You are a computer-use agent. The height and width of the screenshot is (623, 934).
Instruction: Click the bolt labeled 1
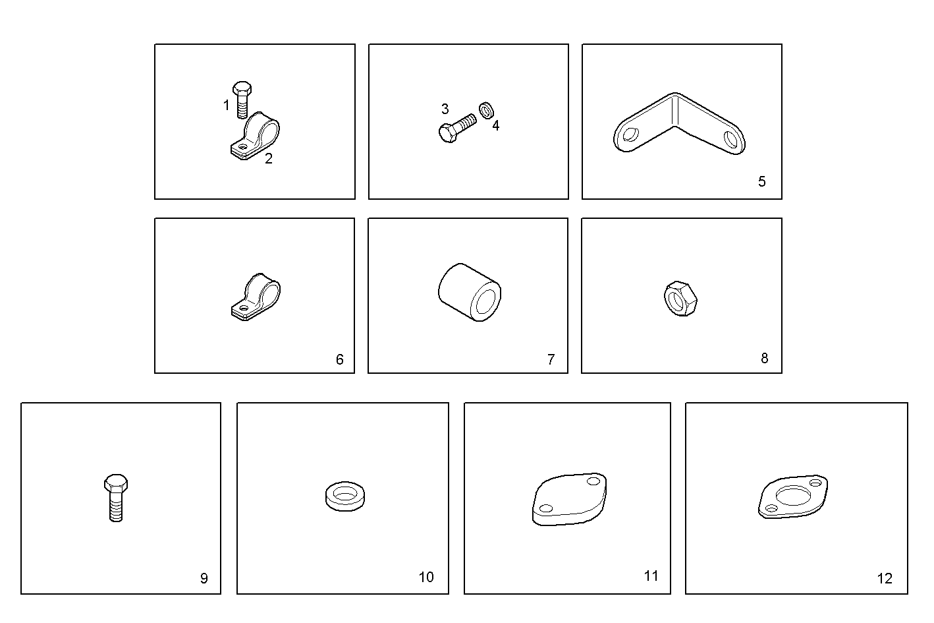coord(242,100)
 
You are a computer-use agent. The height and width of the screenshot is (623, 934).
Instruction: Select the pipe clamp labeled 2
coord(255,136)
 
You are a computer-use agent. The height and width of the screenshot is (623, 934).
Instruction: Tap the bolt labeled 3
coord(457,128)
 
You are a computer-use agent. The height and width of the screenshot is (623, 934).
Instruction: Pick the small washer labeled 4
coord(486,110)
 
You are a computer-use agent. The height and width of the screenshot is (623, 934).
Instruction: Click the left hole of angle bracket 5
coord(630,134)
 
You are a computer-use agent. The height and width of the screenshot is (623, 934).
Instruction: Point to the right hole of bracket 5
coord(731,139)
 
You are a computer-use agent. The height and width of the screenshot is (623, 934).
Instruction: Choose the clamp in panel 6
coord(256,297)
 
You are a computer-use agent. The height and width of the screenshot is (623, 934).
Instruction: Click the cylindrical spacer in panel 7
coord(470,292)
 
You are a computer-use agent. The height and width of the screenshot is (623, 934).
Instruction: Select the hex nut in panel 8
coord(680,299)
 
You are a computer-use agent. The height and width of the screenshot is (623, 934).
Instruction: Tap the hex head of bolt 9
coord(116,484)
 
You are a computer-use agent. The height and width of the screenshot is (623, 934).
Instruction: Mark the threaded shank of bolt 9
coord(116,507)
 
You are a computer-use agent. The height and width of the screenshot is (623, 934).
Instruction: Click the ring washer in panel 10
coord(345,496)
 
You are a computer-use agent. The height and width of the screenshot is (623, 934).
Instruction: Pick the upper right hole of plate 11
coord(593,481)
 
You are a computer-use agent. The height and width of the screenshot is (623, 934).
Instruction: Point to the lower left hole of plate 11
coord(546,508)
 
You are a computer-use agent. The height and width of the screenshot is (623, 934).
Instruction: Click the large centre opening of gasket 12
coord(793,495)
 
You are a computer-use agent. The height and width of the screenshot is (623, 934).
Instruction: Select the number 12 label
coord(885,578)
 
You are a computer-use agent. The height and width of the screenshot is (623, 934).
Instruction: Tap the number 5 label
coord(762,181)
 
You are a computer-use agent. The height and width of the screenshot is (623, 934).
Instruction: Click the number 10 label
coord(426,577)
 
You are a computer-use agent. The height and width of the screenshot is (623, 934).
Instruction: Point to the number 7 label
coord(551,359)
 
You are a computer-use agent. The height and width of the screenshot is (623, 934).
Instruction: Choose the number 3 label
coord(445,109)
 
